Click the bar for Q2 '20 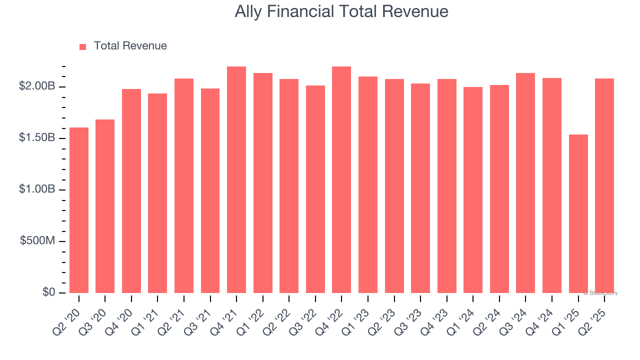tap(79, 210)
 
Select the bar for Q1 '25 tap(578, 213)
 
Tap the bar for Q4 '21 tap(236, 179)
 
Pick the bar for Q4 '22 tap(341, 179)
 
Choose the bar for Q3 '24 tap(525, 183)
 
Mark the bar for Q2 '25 tap(604, 185)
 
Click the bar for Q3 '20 tap(105, 206)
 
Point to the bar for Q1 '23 tap(368, 184)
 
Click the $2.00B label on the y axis tap(37, 86)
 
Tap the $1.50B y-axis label tap(37, 138)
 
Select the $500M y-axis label tap(37, 241)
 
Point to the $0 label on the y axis tap(48, 292)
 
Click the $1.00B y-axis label tap(37, 189)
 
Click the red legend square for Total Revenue tap(83, 46)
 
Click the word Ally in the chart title tap(248, 11)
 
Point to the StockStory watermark tap(600, 293)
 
